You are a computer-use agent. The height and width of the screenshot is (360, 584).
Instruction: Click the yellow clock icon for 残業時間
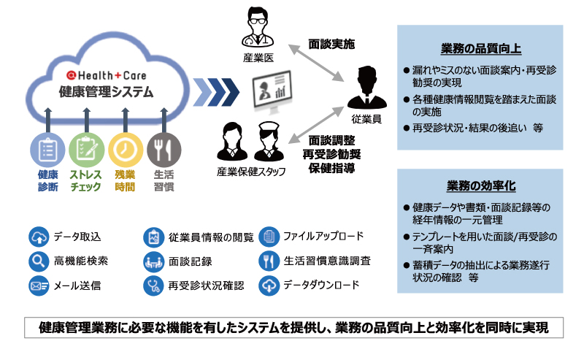click(x=126, y=150)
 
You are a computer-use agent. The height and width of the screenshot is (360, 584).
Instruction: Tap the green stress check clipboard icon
click(x=87, y=150)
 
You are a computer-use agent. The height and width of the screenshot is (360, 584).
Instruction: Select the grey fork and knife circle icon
click(x=164, y=150)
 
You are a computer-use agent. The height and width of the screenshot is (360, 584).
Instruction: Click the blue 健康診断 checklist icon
click(x=47, y=150)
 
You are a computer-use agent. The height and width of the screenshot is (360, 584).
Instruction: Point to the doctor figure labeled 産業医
click(x=258, y=27)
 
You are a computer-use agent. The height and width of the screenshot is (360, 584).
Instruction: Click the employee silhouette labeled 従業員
click(x=367, y=88)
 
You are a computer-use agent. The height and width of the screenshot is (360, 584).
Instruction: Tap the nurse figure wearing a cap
click(x=269, y=142)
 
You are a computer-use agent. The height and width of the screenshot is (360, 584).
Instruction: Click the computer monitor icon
click(x=272, y=91)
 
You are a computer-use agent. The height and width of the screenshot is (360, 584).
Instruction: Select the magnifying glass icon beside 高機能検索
click(x=39, y=261)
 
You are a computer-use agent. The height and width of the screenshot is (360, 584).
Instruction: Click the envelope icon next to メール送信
click(x=39, y=286)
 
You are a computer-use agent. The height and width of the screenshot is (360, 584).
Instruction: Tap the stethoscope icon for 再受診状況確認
click(x=153, y=286)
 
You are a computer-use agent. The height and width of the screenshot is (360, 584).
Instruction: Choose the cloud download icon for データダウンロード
click(x=269, y=286)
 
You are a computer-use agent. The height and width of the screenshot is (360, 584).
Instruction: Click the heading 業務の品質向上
click(x=481, y=49)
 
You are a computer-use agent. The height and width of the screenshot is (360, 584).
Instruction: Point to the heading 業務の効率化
click(x=481, y=185)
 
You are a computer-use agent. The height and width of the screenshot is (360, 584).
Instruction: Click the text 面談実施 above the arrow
click(x=331, y=44)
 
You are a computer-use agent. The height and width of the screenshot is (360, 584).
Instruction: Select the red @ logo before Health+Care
click(x=71, y=76)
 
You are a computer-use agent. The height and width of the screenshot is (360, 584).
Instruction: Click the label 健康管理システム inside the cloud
click(x=106, y=92)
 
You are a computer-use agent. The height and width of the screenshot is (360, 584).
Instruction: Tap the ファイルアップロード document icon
click(x=269, y=237)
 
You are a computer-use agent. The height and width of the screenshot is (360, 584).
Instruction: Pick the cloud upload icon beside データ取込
click(x=39, y=237)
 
